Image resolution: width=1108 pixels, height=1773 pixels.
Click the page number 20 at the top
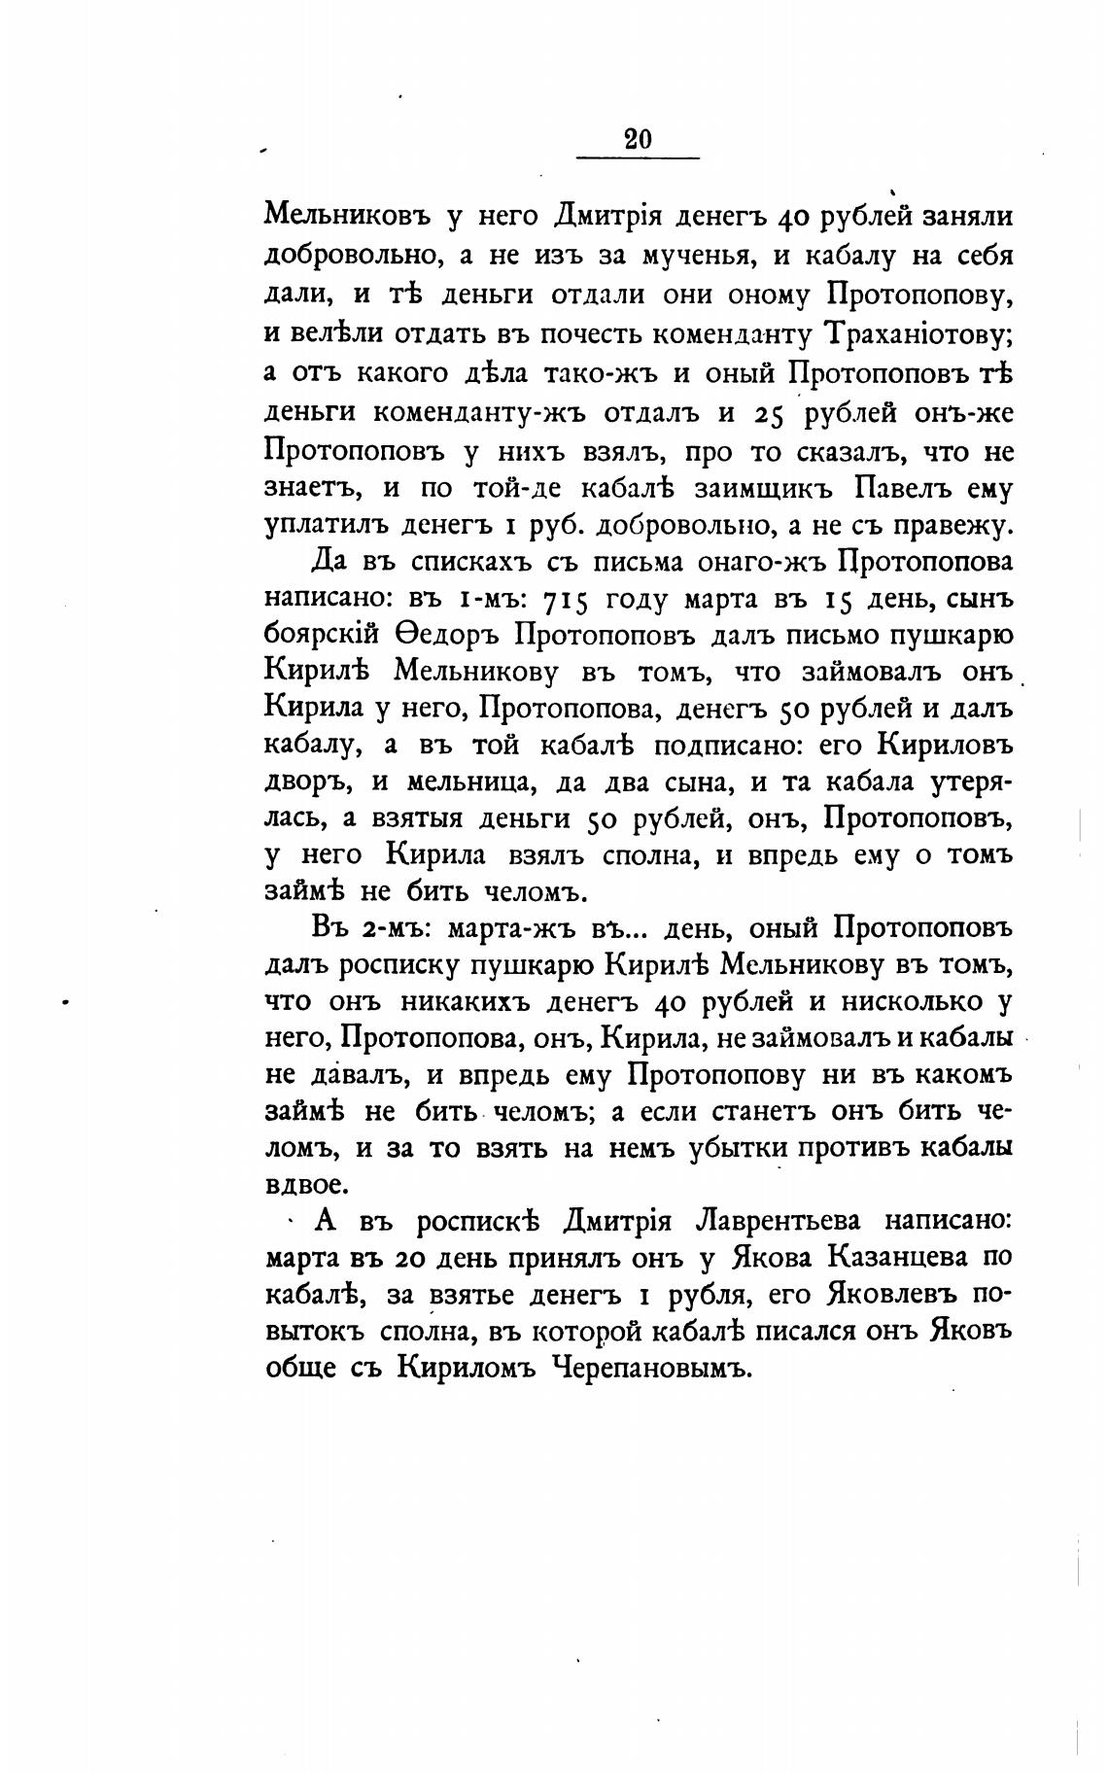click(x=638, y=139)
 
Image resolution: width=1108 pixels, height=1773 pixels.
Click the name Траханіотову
click(x=918, y=332)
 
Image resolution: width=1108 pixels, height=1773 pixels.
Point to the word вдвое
click(x=302, y=1185)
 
